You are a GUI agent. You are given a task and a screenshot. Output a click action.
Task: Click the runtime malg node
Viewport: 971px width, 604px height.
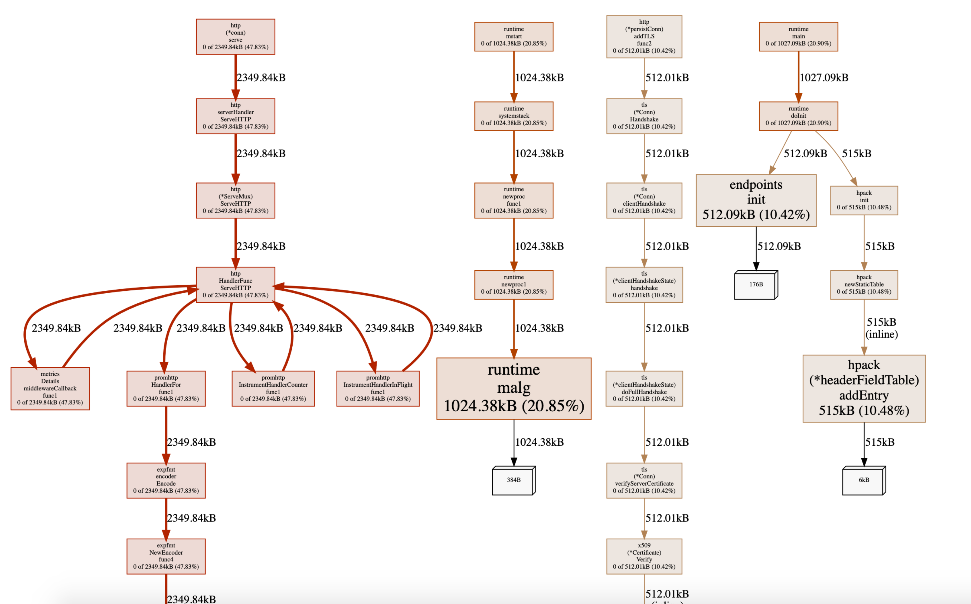(x=514, y=388)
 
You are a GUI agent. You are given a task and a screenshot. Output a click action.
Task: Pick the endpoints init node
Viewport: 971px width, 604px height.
(x=756, y=200)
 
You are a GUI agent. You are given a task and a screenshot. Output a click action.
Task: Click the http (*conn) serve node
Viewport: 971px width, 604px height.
(x=235, y=36)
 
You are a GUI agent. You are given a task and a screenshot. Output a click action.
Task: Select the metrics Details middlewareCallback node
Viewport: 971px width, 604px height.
(x=50, y=388)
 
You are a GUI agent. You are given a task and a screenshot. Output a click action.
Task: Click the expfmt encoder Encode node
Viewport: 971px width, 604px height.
(x=166, y=480)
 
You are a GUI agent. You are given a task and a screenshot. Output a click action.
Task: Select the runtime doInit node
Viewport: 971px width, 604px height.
(x=798, y=116)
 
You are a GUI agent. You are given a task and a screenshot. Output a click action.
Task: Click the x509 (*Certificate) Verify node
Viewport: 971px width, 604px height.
(x=644, y=556)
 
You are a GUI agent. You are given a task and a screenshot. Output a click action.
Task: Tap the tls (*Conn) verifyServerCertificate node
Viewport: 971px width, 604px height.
(x=644, y=480)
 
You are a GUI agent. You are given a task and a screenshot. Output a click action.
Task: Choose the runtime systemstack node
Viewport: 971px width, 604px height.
(x=514, y=116)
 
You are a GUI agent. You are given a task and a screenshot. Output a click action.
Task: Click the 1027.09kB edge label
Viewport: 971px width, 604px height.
(x=824, y=77)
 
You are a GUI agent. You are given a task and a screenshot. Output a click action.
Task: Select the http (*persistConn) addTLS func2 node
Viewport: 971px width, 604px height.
(x=644, y=36)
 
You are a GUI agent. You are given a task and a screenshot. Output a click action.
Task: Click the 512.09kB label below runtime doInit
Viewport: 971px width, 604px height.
(x=805, y=153)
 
